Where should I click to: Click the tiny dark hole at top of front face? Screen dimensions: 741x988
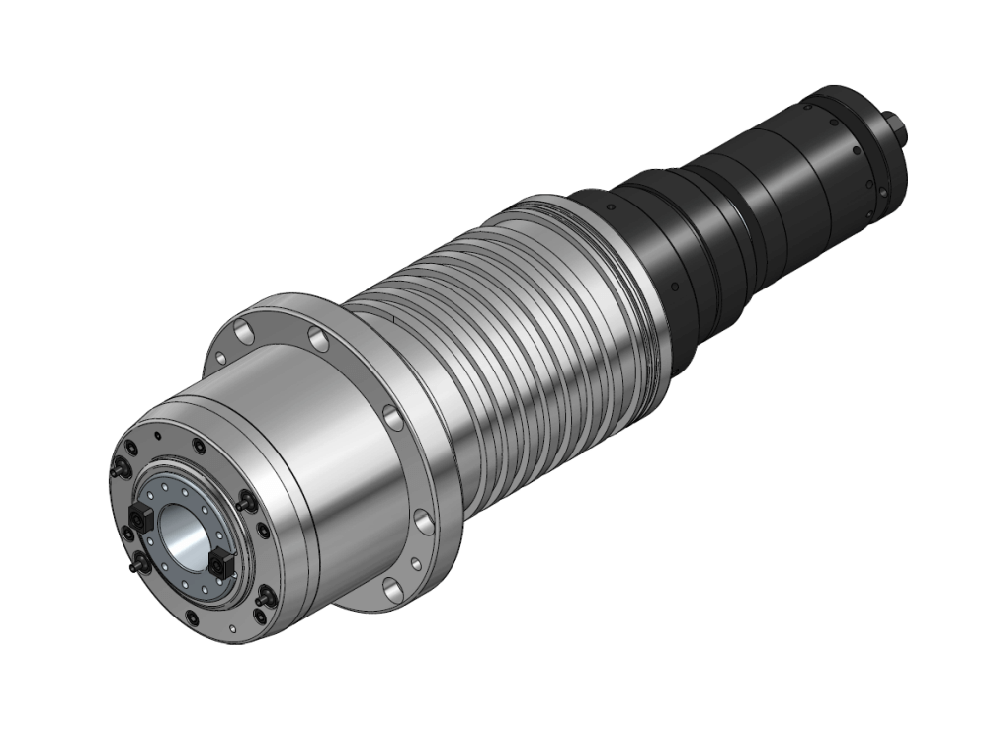(x=157, y=436)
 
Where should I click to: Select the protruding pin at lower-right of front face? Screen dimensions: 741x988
(x=264, y=599)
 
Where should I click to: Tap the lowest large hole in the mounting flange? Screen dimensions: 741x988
(x=388, y=590)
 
